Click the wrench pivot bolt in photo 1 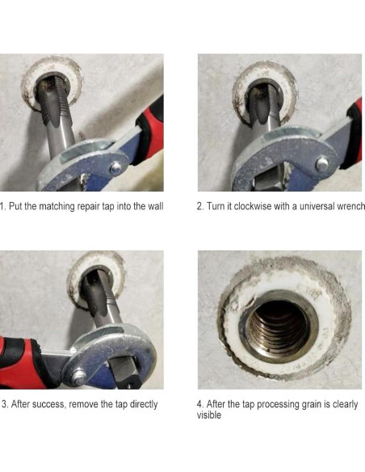coord(115,167)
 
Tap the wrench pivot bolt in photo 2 coord(322,163)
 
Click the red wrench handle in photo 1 coord(151,129)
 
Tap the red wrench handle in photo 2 coord(355,133)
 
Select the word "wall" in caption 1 coord(155,207)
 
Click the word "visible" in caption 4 coord(209,415)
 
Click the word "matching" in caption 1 coord(57,207)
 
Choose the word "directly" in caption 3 coord(144,405)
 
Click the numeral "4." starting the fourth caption coord(201,404)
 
